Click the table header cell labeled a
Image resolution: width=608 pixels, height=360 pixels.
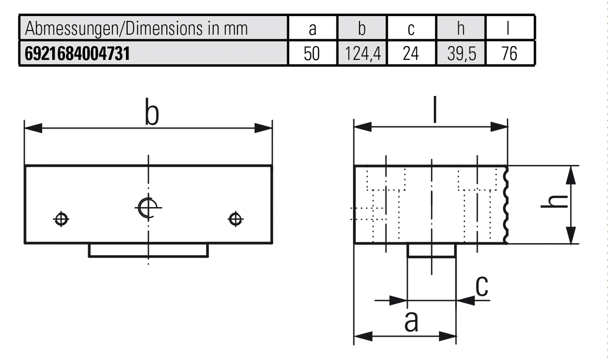pos(313,28)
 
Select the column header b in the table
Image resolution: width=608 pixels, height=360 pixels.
pos(362,28)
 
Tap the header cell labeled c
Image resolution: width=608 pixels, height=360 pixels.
pos(411,28)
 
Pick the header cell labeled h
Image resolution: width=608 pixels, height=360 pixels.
pos(461,28)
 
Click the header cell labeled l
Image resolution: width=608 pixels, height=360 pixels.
pos(510,28)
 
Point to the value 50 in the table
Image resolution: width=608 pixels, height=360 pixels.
pos(313,53)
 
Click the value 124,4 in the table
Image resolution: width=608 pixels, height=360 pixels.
pos(362,53)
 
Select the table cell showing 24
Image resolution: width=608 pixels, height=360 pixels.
pos(411,53)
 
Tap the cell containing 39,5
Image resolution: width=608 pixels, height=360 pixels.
pos(461,53)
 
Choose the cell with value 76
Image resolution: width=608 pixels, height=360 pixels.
pos(510,53)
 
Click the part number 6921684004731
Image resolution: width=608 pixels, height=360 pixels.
pos(77,54)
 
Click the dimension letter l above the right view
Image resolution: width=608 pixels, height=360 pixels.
pos(435,109)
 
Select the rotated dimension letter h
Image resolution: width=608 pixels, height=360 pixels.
pos(554,201)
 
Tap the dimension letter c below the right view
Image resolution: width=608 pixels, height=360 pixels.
pos(482,286)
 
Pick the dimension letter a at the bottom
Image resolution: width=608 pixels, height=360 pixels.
pos(411,322)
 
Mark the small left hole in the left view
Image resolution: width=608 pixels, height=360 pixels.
pos(61,219)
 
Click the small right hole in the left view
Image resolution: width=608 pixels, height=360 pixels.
pos(235,219)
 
